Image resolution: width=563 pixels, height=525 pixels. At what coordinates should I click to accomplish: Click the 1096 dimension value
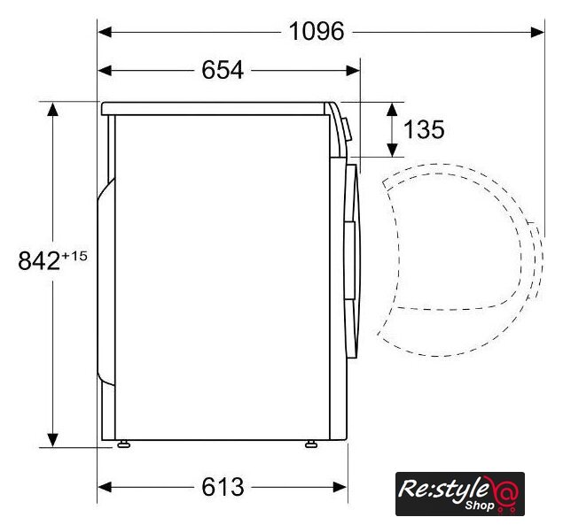[317, 32]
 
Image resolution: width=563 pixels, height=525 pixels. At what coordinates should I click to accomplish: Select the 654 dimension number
[223, 70]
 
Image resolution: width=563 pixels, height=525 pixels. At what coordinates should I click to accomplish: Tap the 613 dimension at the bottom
[223, 487]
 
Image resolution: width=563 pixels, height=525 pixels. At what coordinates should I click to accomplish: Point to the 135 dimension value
[424, 129]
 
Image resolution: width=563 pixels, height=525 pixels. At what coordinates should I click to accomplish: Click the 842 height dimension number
[39, 260]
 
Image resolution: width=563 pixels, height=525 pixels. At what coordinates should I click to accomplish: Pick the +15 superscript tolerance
[74, 256]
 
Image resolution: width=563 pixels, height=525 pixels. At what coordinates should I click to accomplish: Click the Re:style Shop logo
[460, 494]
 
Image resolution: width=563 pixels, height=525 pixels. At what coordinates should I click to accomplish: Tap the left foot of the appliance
[123, 444]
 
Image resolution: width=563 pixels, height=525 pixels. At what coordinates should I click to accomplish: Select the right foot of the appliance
[311, 444]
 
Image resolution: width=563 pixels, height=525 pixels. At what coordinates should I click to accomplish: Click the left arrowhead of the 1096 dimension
[105, 32]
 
